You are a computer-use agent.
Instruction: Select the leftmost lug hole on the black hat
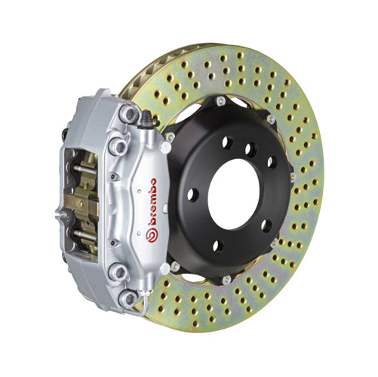pyautogui.click(x=192, y=194)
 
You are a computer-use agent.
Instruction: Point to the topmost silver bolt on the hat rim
pyautogui.click(x=220, y=100)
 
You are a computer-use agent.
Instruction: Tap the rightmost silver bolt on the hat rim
pyautogui.click(x=293, y=177)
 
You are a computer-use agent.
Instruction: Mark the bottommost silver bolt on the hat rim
pyautogui.click(x=227, y=280)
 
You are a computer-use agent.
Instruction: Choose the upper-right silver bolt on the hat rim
pyautogui.click(x=271, y=118)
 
